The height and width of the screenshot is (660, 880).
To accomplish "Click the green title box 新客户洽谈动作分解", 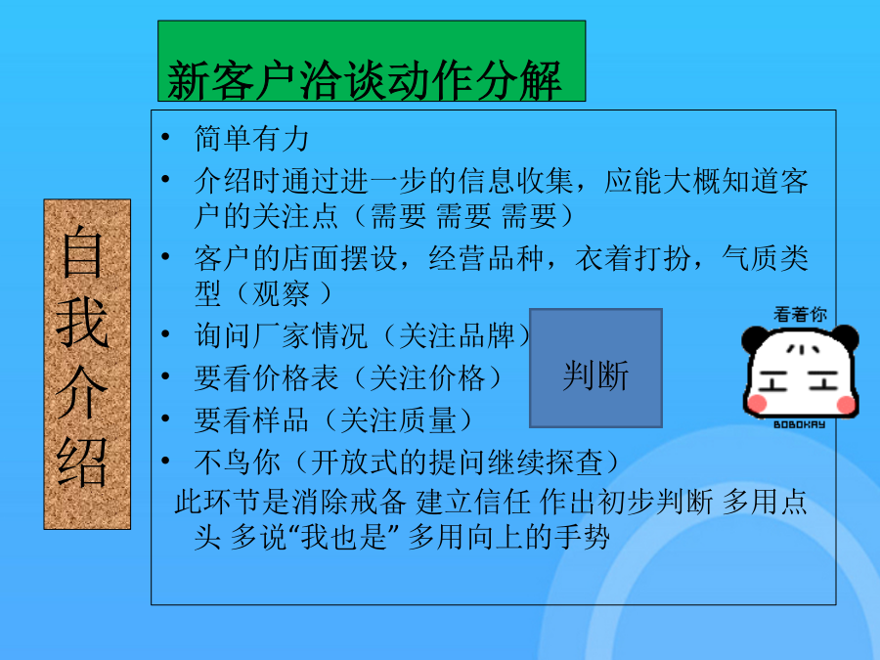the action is (x=372, y=62).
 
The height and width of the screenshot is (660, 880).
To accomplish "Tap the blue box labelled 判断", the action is (x=596, y=369).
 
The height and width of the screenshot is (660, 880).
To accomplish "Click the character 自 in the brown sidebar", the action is (x=82, y=252).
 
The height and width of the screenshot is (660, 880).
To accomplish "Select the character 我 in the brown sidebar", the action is (x=82, y=322).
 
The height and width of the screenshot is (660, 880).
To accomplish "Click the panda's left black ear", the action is (x=754, y=338).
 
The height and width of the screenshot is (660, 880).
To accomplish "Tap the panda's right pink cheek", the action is (x=845, y=404).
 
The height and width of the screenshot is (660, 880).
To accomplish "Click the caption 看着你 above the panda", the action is (x=800, y=314).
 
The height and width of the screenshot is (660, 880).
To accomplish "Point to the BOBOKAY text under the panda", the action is (x=800, y=424).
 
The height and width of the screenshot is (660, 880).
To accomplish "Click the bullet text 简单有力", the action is (x=252, y=139).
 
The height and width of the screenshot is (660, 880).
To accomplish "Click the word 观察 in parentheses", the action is (x=282, y=293).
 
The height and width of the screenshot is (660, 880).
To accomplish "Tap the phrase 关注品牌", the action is (x=457, y=335).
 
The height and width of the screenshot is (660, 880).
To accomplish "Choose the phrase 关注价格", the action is (x=427, y=377).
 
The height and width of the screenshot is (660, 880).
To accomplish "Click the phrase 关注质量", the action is (x=399, y=419).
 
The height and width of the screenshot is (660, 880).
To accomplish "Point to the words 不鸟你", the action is (x=238, y=462).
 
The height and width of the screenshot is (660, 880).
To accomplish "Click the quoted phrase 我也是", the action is (x=344, y=537).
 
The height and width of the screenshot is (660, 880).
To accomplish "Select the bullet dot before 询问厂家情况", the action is (x=165, y=334).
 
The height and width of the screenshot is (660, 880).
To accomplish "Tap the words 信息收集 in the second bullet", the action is (x=515, y=181).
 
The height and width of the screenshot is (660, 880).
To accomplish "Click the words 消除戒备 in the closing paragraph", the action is (x=349, y=502).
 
